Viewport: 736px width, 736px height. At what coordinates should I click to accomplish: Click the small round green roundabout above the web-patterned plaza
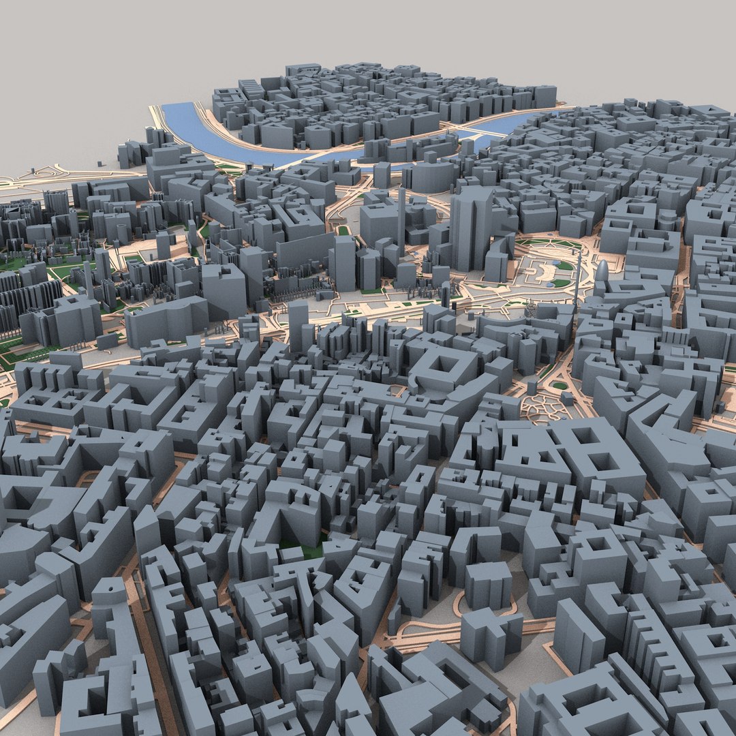[559, 386]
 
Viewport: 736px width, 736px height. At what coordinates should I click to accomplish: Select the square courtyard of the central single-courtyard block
[444, 365]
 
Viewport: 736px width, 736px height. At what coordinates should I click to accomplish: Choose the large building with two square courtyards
[586, 453]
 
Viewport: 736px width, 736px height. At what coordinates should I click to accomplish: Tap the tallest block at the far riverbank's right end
[545, 95]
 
